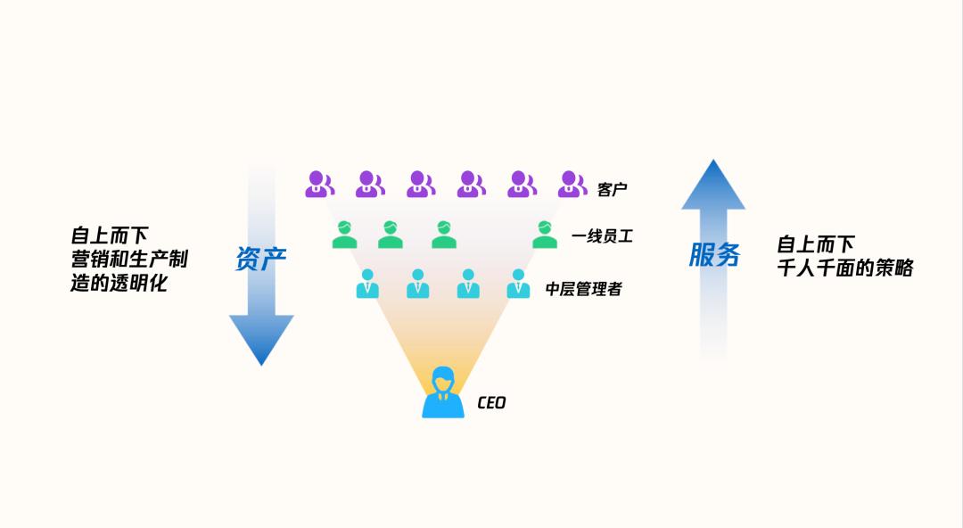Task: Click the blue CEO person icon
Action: tap(443, 393)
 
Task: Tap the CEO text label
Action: tap(491, 402)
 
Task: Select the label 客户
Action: tap(613, 189)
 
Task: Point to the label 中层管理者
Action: tap(583, 289)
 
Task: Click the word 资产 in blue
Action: tap(260, 259)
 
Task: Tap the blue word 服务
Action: tap(714, 255)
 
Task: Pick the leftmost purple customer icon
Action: tap(319, 185)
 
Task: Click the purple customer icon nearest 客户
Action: tap(572, 185)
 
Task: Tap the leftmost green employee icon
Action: tap(344, 235)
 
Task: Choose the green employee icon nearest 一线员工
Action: tap(544, 235)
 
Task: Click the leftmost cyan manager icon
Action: tap(367, 284)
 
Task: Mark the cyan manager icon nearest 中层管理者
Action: tap(518, 284)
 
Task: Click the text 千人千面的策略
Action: tap(845, 268)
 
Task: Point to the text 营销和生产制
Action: tap(129, 260)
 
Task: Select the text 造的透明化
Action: tap(119, 284)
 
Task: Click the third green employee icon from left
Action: tap(444, 235)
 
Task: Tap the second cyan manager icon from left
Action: tap(417, 284)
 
